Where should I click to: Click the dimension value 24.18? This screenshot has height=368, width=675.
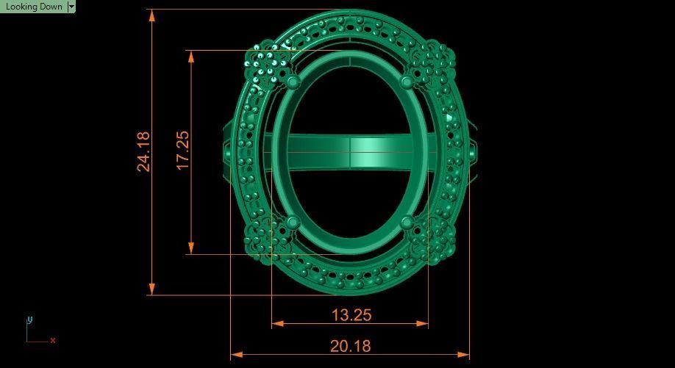[x=143, y=151]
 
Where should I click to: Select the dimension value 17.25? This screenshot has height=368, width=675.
[x=182, y=151]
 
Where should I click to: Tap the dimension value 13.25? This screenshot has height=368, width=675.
[x=351, y=315]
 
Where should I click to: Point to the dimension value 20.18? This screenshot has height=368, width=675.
[x=351, y=346]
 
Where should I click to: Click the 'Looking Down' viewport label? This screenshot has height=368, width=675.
[x=33, y=7]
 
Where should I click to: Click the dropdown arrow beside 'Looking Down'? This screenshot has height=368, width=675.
[x=71, y=7]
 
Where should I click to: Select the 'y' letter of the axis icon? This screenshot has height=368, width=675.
[x=29, y=320]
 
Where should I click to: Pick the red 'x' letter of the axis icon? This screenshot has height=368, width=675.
[x=53, y=340]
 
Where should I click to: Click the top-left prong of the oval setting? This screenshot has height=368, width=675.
[x=293, y=81]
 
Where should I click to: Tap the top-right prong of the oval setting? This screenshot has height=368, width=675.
[x=408, y=81]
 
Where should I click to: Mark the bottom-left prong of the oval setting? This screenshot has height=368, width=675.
[x=293, y=221]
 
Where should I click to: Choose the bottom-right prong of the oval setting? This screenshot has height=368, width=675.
[x=408, y=221]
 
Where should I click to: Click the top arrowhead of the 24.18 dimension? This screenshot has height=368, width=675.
[x=152, y=15]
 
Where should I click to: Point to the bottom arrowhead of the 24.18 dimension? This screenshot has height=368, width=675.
[x=152, y=289]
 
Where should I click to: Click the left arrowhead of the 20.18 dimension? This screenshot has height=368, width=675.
[x=236, y=355]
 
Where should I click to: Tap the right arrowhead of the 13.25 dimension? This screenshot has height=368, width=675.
[x=423, y=323]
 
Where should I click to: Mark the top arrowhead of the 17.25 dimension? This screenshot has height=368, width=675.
[x=191, y=56]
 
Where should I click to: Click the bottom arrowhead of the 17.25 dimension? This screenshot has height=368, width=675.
[x=191, y=249]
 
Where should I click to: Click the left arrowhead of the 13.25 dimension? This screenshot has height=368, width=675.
[x=277, y=323]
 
